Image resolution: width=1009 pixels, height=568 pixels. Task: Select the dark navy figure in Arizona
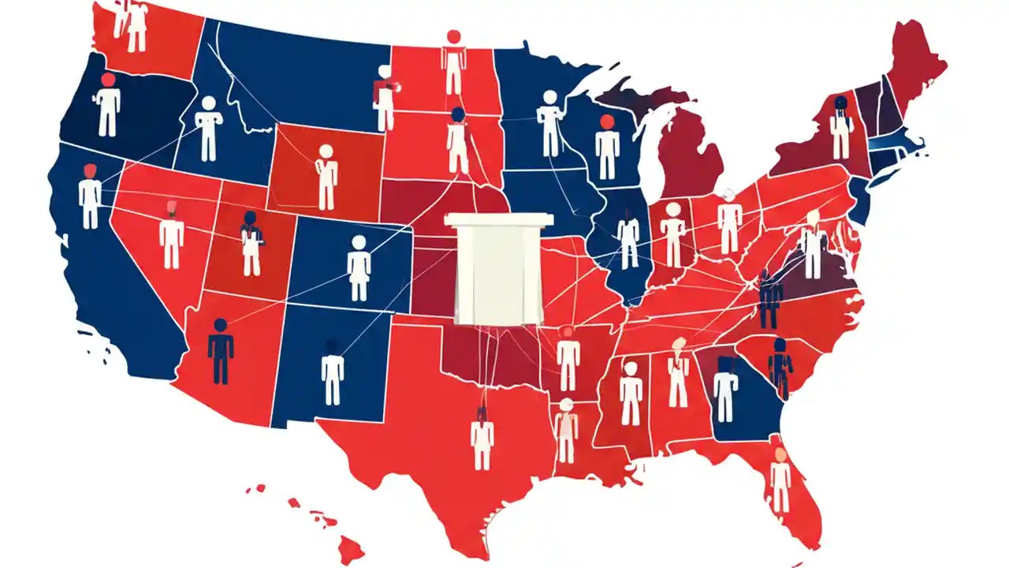point(221,352)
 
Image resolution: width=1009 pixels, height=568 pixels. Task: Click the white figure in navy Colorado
point(359,268)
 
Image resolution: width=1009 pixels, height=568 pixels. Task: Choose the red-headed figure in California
point(90,197)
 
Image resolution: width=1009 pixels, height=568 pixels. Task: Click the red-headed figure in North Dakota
point(453,63)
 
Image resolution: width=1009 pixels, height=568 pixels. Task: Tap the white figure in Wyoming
point(326,177)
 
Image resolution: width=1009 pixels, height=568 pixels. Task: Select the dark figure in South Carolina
point(780,367)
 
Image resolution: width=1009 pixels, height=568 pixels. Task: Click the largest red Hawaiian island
point(350,546)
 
